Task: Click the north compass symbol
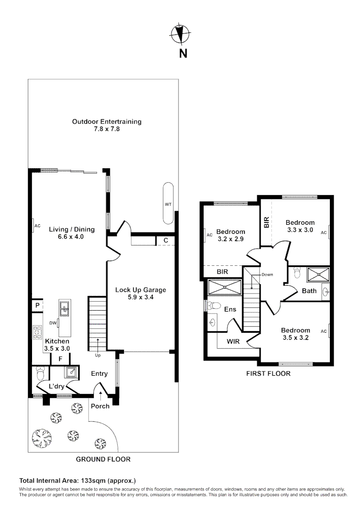click(180, 34)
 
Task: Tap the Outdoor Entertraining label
click(106, 125)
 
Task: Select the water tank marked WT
click(168, 204)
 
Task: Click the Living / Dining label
click(72, 233)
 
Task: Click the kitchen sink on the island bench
click(64, 309)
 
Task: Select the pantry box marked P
click(37, 305)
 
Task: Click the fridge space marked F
click(60, 359)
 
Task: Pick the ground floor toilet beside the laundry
click(40, 375)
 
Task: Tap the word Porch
click(100, 406)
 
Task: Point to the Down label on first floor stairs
click(267, 274)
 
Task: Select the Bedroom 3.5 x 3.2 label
click(295, 334)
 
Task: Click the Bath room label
click(309, 291)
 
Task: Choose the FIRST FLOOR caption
click(268, 373)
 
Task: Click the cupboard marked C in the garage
click(165, 240)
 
